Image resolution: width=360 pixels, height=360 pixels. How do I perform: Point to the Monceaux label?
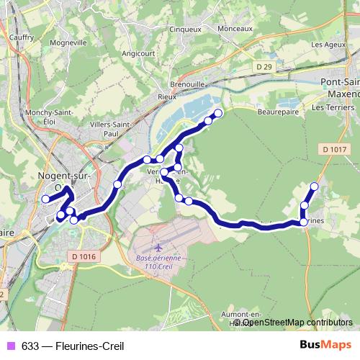(234, 28)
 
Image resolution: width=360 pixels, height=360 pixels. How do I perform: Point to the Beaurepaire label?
(277, 112)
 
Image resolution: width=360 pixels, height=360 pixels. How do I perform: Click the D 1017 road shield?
(336, 149)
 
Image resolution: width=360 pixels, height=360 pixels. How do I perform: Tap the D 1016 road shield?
(84, 255)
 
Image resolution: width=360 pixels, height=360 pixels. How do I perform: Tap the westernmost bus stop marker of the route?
(45, 199)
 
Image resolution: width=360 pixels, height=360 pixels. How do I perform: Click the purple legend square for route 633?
(11, 346)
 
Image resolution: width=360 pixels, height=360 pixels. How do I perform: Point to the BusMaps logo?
(325, 346)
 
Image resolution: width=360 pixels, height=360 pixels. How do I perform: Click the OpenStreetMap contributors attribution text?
(297, 323)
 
